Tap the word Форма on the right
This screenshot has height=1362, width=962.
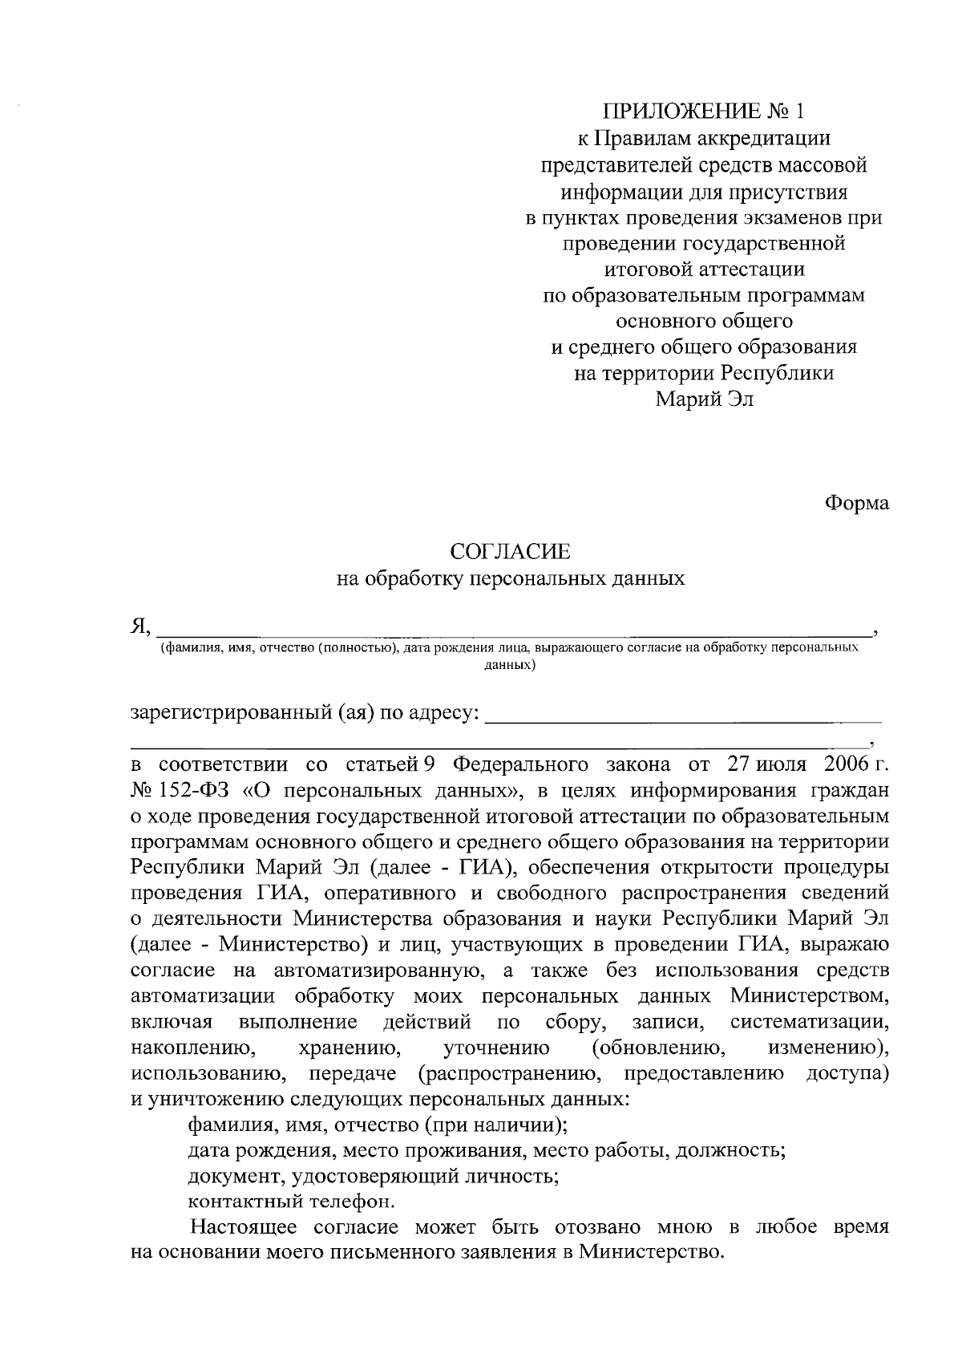pos(857,503)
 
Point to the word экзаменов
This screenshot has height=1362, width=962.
pos(790,217)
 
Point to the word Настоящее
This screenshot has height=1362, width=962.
pos(243,1228)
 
